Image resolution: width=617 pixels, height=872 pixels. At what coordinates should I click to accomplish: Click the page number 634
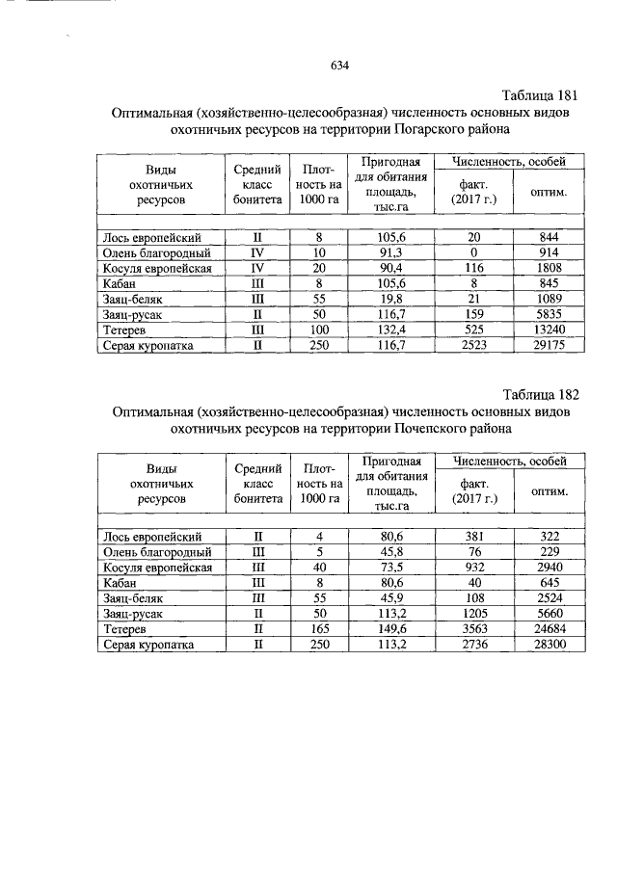[338, 66]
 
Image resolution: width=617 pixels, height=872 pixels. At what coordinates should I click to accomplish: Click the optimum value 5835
[550, 314]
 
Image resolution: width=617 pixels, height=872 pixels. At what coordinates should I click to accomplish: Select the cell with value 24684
[550, 628]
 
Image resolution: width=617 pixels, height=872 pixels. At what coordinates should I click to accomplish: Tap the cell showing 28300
[550, 644]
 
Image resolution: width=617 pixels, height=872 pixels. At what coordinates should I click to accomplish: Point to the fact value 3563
[473, 628]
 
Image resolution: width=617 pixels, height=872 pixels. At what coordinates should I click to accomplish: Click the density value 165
[319, 628]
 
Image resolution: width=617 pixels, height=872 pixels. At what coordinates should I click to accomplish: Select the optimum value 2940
[550, 568]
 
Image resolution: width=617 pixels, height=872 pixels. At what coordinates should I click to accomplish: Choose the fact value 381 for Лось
[473, 537]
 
